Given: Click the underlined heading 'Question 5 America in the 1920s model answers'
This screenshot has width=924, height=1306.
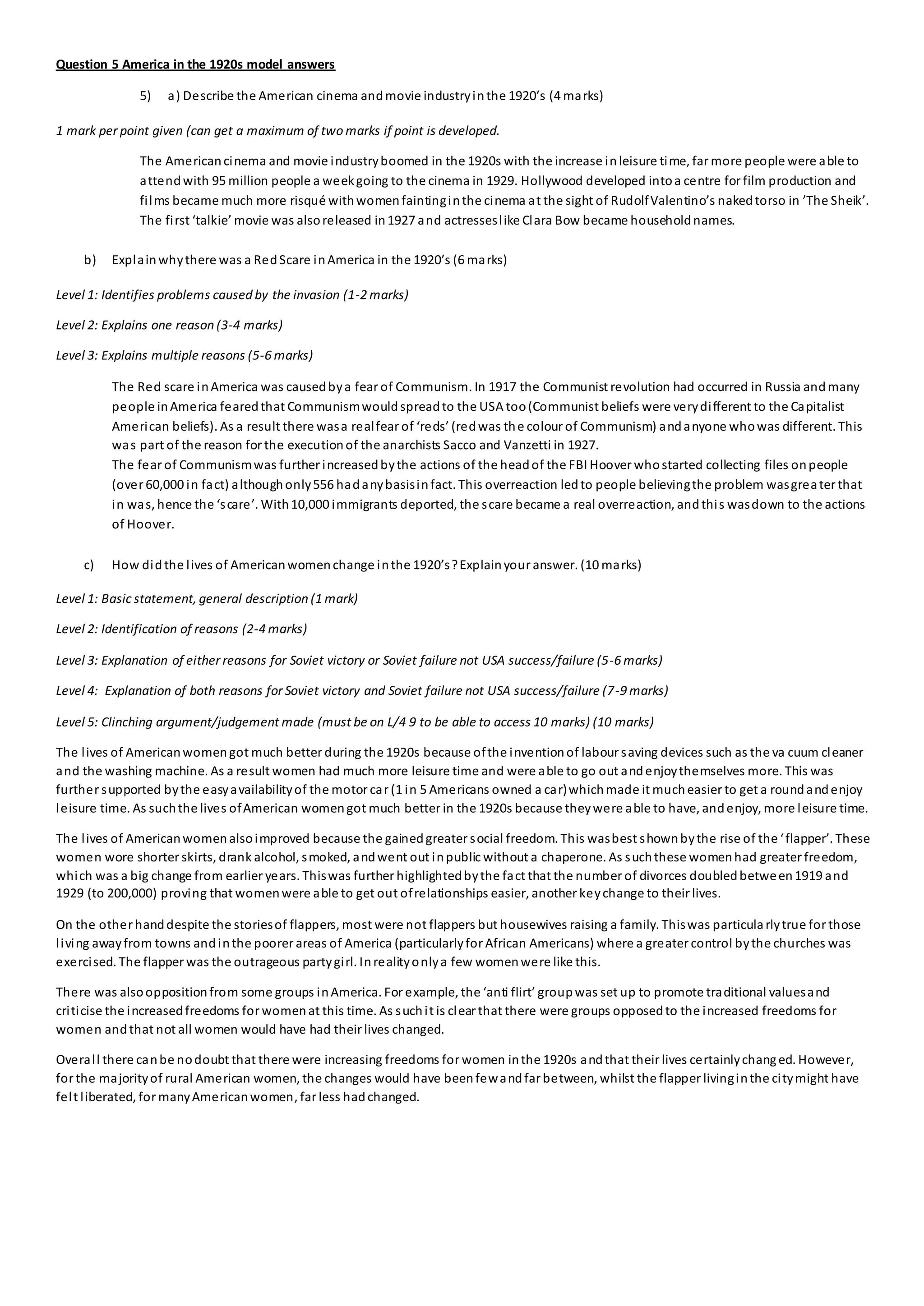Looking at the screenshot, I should pos(195,65).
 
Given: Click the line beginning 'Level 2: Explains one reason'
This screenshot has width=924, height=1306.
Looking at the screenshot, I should pos(169,325).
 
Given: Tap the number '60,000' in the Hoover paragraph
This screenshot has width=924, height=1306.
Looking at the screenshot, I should pos(159,485).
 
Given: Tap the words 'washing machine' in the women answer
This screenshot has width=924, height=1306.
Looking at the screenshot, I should pos(119,771).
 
